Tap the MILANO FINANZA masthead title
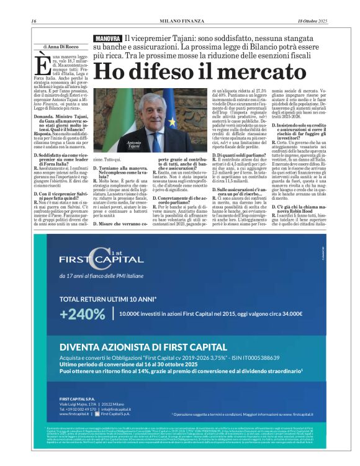coord(180,22)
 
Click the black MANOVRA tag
coord(107,38)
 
